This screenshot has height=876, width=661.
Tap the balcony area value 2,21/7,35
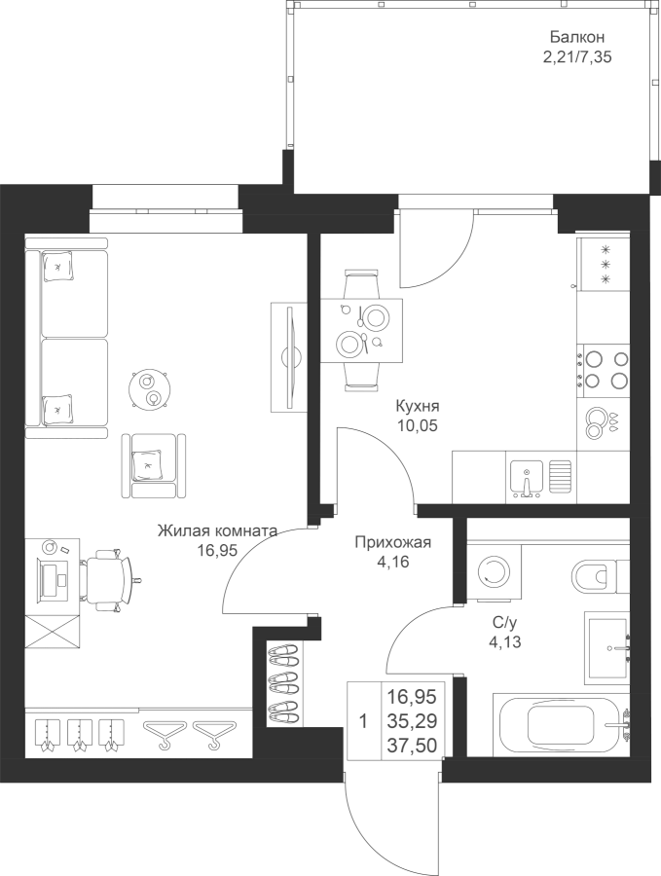577,56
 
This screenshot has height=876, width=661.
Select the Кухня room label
418,405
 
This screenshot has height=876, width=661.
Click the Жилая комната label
218,531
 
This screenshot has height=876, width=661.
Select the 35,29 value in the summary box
412,721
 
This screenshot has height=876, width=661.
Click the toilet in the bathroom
592,576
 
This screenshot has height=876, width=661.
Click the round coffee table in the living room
151,389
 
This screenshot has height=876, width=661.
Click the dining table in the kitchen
361,329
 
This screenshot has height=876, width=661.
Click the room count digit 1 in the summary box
363,721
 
